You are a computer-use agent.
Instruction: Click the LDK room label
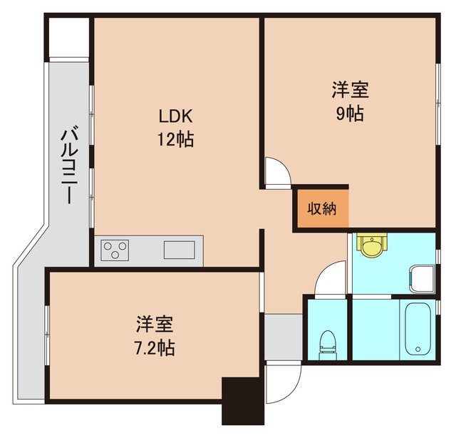pos(175,116)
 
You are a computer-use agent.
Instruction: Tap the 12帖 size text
pos(175,138)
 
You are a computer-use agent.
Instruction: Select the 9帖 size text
pos(349,113)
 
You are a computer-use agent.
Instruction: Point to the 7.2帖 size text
pos(155,348)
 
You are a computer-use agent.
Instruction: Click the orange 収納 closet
pos(321,209)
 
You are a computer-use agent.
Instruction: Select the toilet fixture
pos(327,342)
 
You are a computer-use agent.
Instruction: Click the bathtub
pos(417,329)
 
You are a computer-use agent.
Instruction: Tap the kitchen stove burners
pos(116,250)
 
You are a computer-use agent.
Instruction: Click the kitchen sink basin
pos(179,250)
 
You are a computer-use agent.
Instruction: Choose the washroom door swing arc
pos(331,279)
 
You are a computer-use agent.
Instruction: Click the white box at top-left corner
pos(69,36)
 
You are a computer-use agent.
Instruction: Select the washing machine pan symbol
pos(422,277)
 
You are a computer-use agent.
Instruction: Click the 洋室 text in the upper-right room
pos(349,91)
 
